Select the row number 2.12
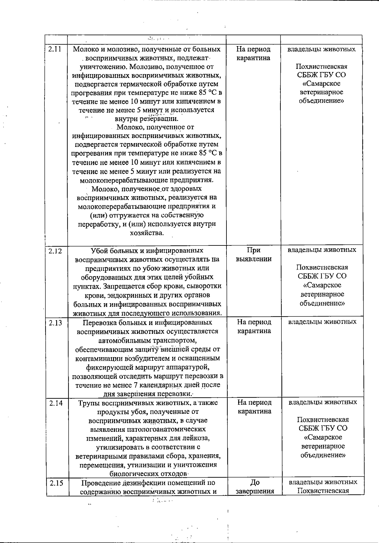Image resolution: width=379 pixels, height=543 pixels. [56, 251]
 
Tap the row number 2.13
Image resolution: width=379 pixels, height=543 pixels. [56, 323]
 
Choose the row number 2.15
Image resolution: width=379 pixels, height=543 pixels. [57, 483]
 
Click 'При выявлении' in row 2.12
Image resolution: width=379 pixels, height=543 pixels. [254, 255]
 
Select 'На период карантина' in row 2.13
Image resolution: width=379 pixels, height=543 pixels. [254, 327]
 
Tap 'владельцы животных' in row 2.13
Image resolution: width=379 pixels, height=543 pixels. [322, 322]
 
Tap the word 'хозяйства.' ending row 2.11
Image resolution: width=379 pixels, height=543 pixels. [147, 233]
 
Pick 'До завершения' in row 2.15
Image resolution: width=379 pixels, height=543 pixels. [255, 487]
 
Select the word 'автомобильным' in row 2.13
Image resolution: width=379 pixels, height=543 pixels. [121, 341]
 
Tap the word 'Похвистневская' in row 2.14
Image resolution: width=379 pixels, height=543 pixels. [323, 420]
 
